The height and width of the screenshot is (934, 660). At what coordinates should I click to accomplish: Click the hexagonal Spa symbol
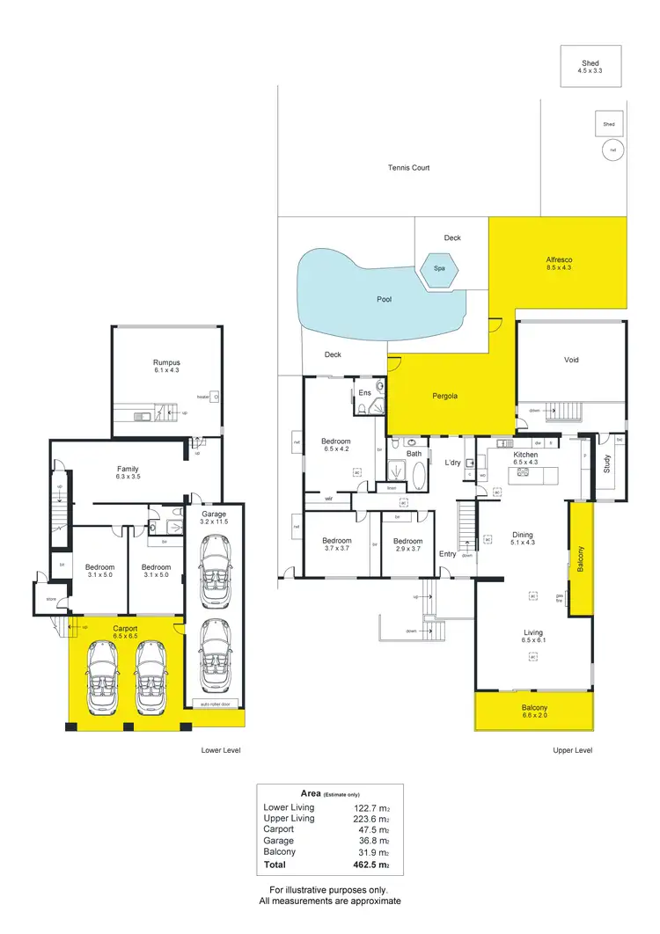click(x=437, y=269)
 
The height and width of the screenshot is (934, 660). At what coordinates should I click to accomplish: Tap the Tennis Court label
click(x=408, y=167)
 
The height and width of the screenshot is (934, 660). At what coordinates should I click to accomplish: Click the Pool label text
click(x=384, y=299)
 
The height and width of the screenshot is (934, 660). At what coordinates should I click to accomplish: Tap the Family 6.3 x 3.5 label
click(x=128, y=474)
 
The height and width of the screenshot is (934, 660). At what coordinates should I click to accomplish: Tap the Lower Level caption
click(x=220, y=750)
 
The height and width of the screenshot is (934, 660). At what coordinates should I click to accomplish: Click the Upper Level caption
click(x=572, y=750)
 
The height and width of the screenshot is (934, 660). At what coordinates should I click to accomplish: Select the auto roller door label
click(x=215, y=704)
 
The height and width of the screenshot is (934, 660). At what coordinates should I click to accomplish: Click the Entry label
click(x=447, y=553)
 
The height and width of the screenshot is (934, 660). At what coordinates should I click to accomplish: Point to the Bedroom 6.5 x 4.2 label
click(x=335, y=445)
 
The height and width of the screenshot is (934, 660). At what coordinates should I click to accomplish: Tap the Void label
click(x=571, y=360)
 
